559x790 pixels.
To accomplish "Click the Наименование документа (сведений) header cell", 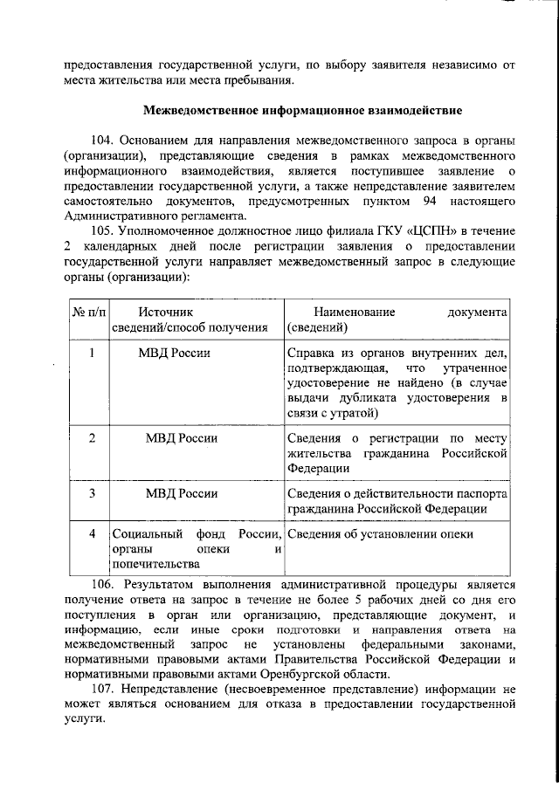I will click(x=397, y=319).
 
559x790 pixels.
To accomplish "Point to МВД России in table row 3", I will click(x=182, y=494).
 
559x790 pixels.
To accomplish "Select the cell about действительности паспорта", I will click(x=397, y=501).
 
